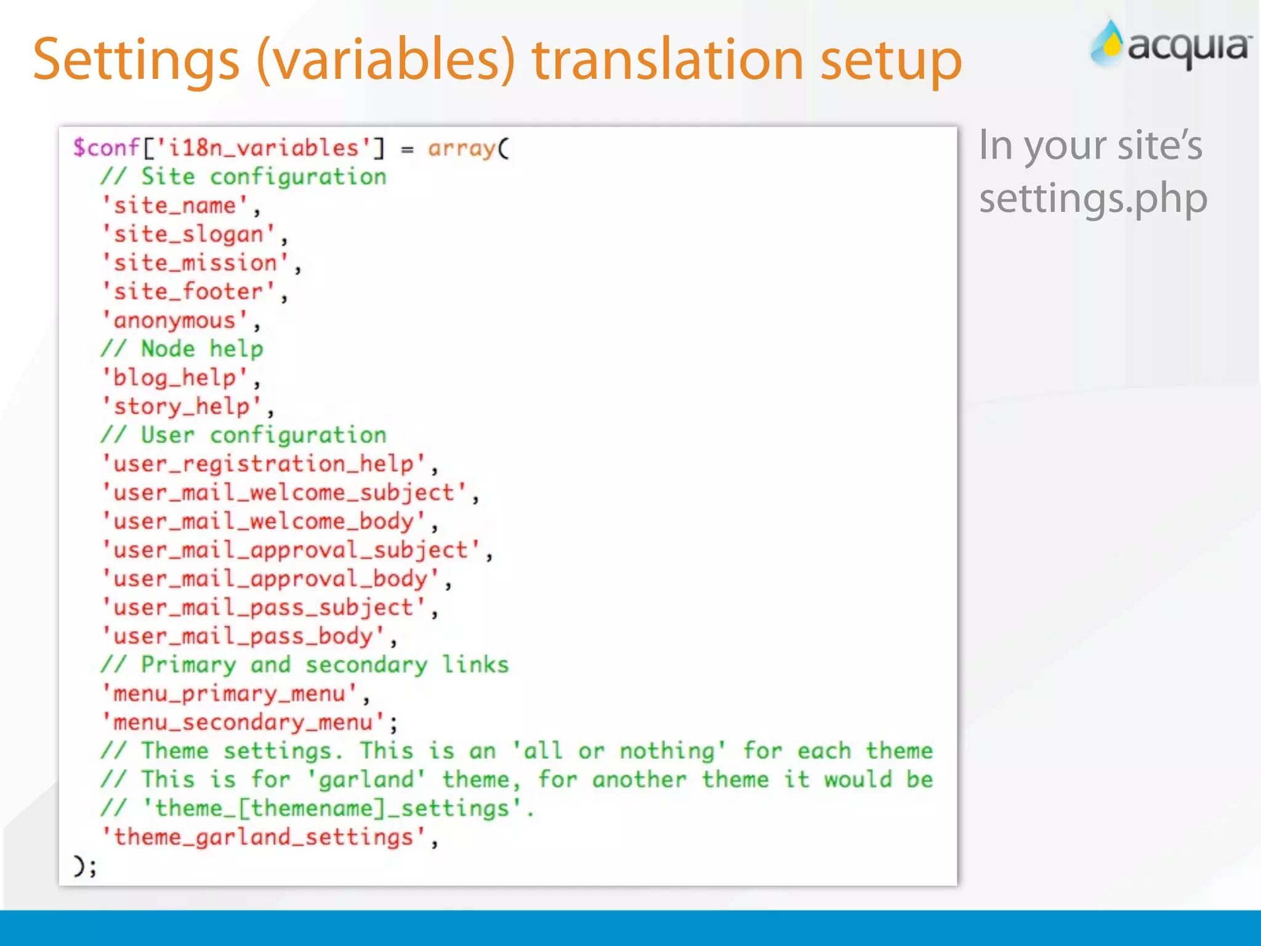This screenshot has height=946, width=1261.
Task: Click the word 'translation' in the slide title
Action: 668,60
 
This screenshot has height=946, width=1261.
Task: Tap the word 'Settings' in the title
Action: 136,61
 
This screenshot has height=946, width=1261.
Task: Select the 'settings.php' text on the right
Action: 1093,199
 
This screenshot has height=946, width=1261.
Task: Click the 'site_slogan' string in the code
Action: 188,235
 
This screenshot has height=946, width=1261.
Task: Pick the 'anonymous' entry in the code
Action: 175,321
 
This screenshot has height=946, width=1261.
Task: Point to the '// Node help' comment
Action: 182,349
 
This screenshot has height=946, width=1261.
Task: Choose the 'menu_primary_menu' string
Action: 230,694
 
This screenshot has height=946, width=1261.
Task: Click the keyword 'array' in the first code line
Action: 461,148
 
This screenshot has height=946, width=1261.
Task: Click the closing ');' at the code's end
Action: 85,867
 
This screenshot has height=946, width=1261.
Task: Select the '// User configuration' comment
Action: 244,435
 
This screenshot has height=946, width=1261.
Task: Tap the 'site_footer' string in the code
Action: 188,292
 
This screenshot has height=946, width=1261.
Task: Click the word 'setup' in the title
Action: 891,61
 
